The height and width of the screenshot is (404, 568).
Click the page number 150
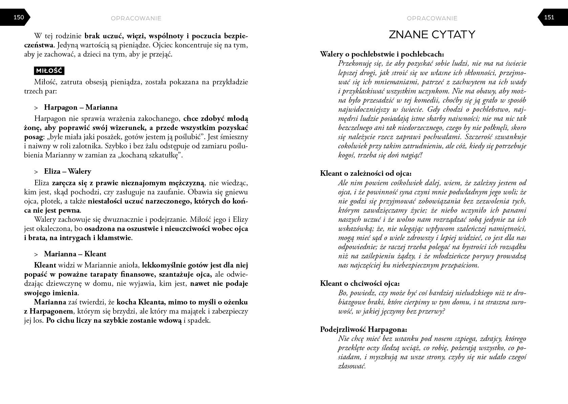point(19,17)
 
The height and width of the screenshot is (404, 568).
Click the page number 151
point(549,17)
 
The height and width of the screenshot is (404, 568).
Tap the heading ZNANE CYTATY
point(432,35)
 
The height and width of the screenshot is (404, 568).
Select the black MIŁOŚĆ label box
point(49,71)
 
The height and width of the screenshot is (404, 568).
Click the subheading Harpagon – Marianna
point(81,107)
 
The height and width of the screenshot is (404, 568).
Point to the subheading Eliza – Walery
point(67,171)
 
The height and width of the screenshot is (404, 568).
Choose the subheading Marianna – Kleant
point(75,254)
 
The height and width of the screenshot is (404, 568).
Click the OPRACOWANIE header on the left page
point(136,18)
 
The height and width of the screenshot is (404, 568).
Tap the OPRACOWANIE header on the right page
point(432,18)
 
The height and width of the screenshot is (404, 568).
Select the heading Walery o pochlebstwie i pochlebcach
point(382,54)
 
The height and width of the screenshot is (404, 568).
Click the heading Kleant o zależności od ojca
point(366,173)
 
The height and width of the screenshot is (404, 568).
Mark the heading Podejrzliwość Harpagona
point(363,329)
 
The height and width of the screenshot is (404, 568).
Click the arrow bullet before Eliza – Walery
point(36,172)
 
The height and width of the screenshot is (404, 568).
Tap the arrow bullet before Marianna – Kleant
point(36,254)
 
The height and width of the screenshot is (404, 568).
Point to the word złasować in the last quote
point(352,366)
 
